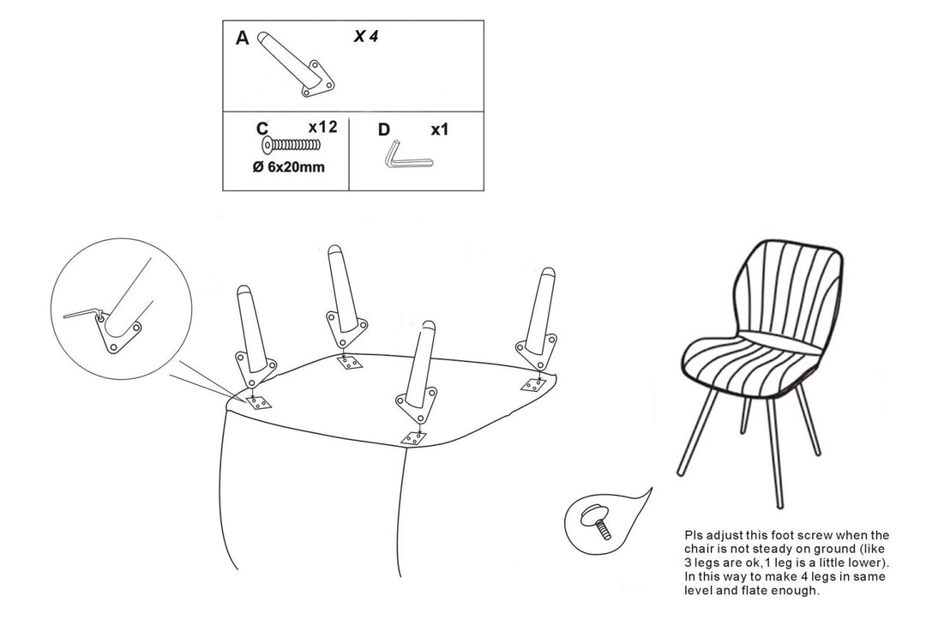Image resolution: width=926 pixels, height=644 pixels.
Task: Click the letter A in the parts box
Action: pos(243,39)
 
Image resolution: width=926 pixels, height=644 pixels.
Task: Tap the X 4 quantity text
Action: pos(366,37)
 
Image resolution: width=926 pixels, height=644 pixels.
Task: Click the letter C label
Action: pos(262,129)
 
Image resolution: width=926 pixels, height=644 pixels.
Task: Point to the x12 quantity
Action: pos(322,127)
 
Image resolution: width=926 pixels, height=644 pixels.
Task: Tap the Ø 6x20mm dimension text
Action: pos(289,167)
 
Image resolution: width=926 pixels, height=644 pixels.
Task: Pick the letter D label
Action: pos(383,130)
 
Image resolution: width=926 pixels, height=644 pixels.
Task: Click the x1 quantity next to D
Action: pos(440,130)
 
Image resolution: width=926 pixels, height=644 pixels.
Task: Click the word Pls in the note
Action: pos(693,534)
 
